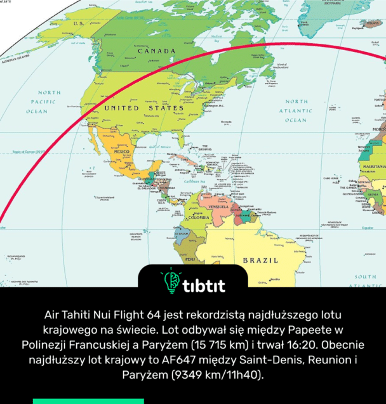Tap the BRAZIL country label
(x=260, y=260)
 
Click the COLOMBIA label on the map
(x=198, y=218)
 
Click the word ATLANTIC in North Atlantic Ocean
(x=296, y=110)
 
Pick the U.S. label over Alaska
(x=79, y=23)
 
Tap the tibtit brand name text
(x=203, y=285)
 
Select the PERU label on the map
(x=190, y=259)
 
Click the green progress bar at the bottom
(x=88, y=401)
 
